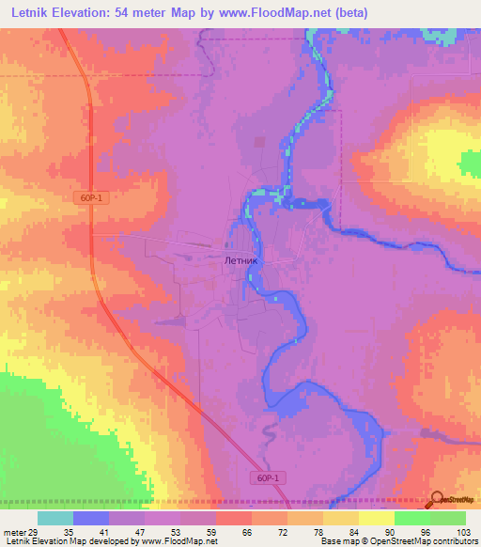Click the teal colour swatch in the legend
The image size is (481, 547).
click(55, 518)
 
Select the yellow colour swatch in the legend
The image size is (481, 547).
click(375, 518)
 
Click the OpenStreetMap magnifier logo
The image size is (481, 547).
click(437, 498)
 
